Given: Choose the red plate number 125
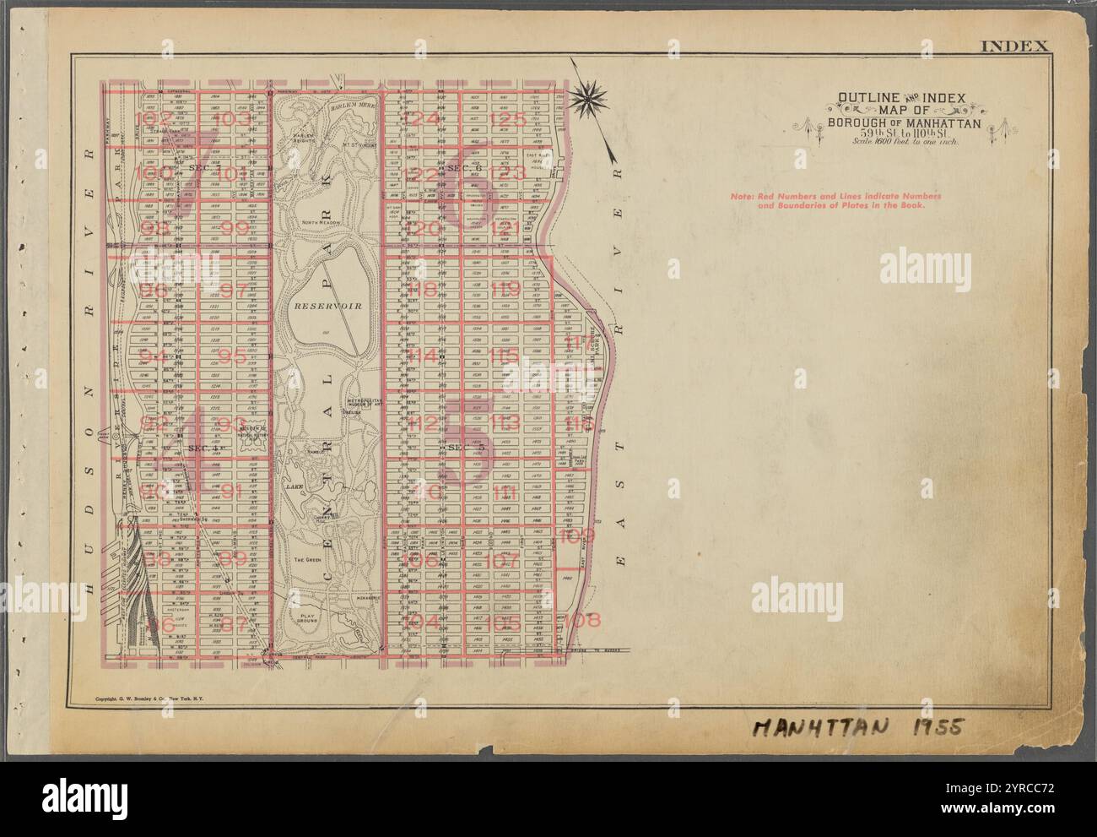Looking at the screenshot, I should (507, 119).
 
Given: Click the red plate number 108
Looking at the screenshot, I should (582, 621).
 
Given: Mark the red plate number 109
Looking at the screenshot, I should (577, 535).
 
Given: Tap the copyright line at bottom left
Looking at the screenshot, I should (150, 699).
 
